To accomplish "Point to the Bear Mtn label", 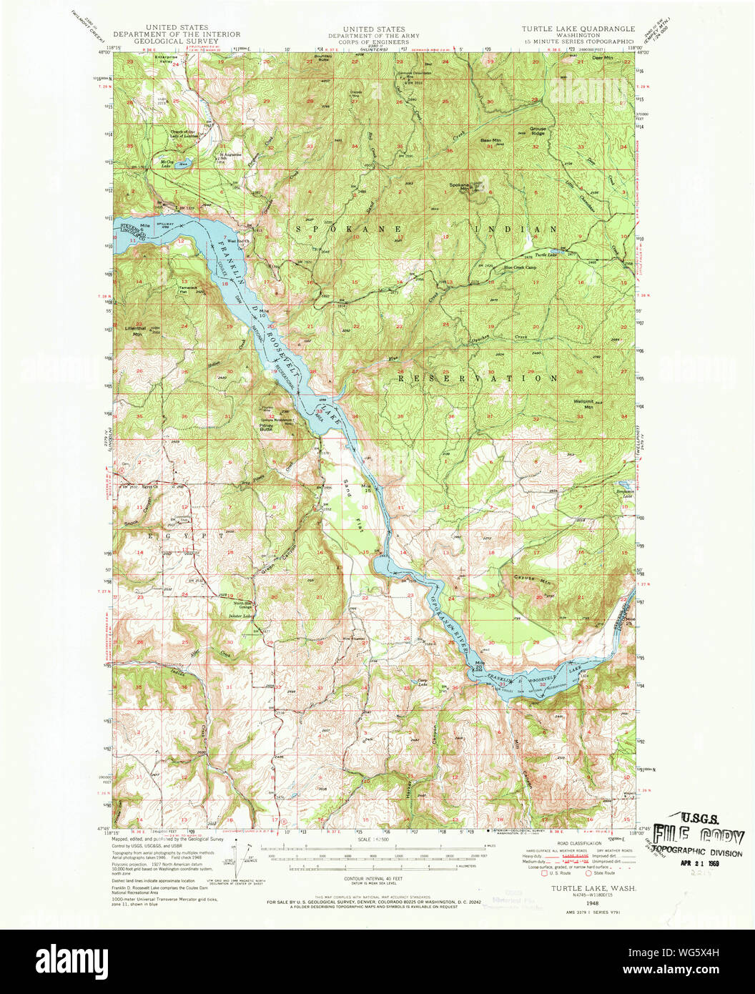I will tap(490, 141).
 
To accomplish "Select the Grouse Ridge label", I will tap(538, 131).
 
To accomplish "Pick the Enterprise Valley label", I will tap(167, 59).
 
